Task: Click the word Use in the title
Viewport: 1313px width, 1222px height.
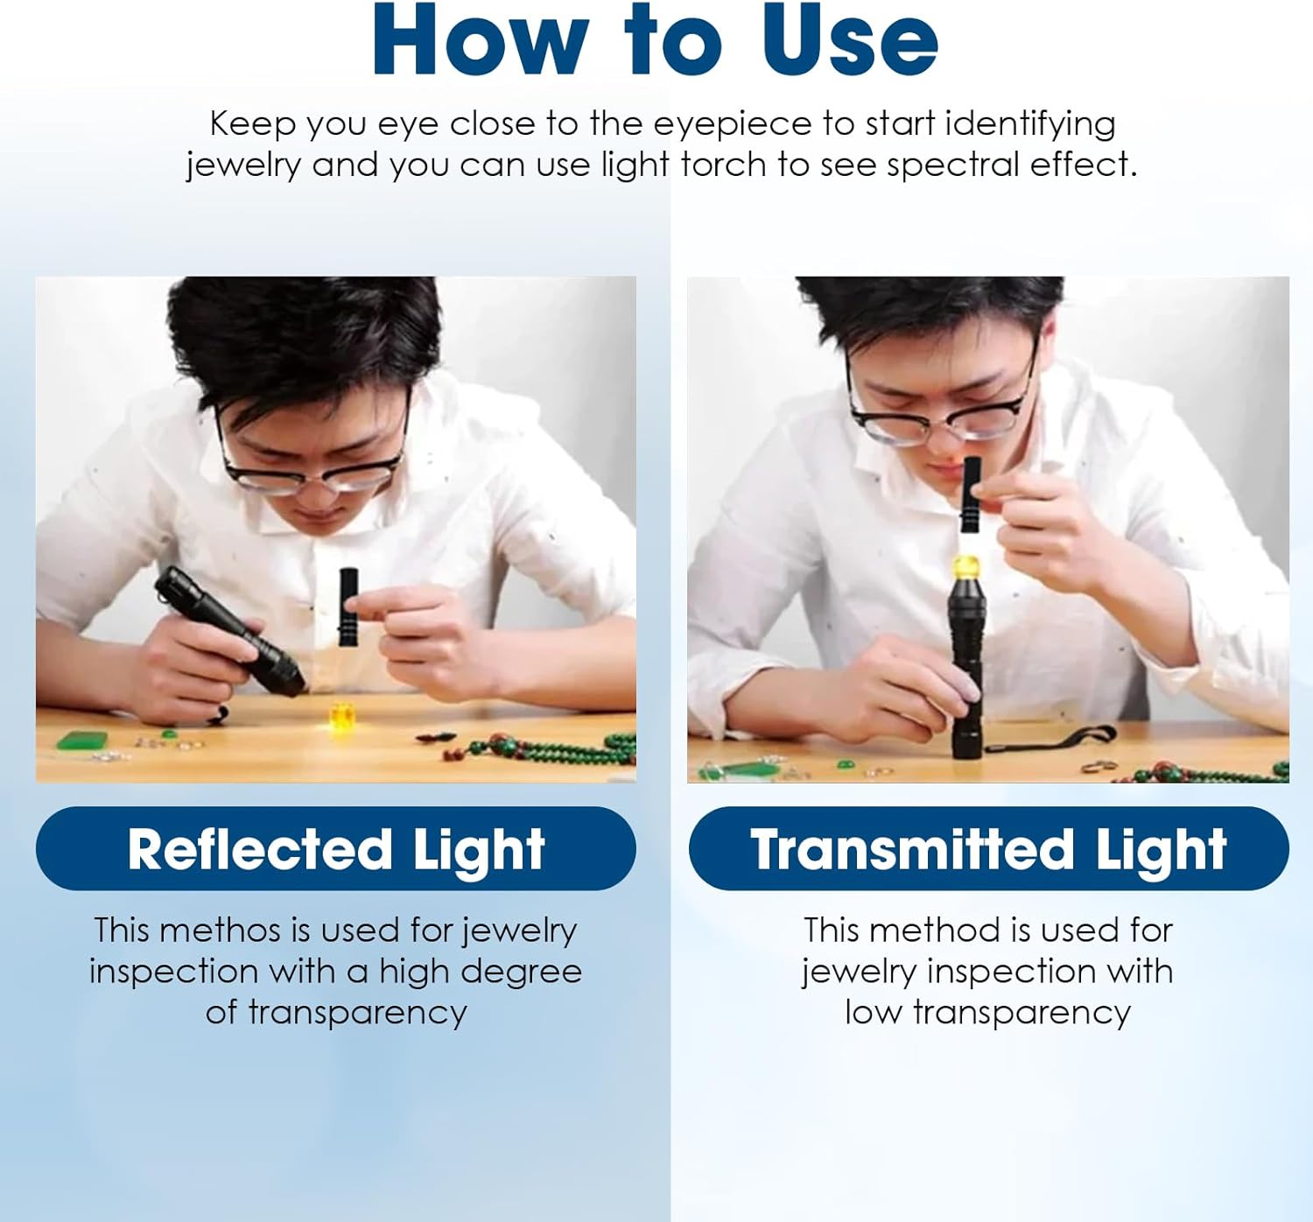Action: [850, 40]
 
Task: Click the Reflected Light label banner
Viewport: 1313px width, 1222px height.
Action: [336, 848]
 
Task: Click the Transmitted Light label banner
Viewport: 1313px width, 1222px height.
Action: [988, 848]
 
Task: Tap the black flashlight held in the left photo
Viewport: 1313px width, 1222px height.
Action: [229, 630]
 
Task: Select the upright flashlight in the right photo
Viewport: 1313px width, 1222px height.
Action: [967, 665]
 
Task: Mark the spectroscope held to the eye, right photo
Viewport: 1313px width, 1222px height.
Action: [970, 494]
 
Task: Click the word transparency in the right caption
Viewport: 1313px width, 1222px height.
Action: [1022, 1012]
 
